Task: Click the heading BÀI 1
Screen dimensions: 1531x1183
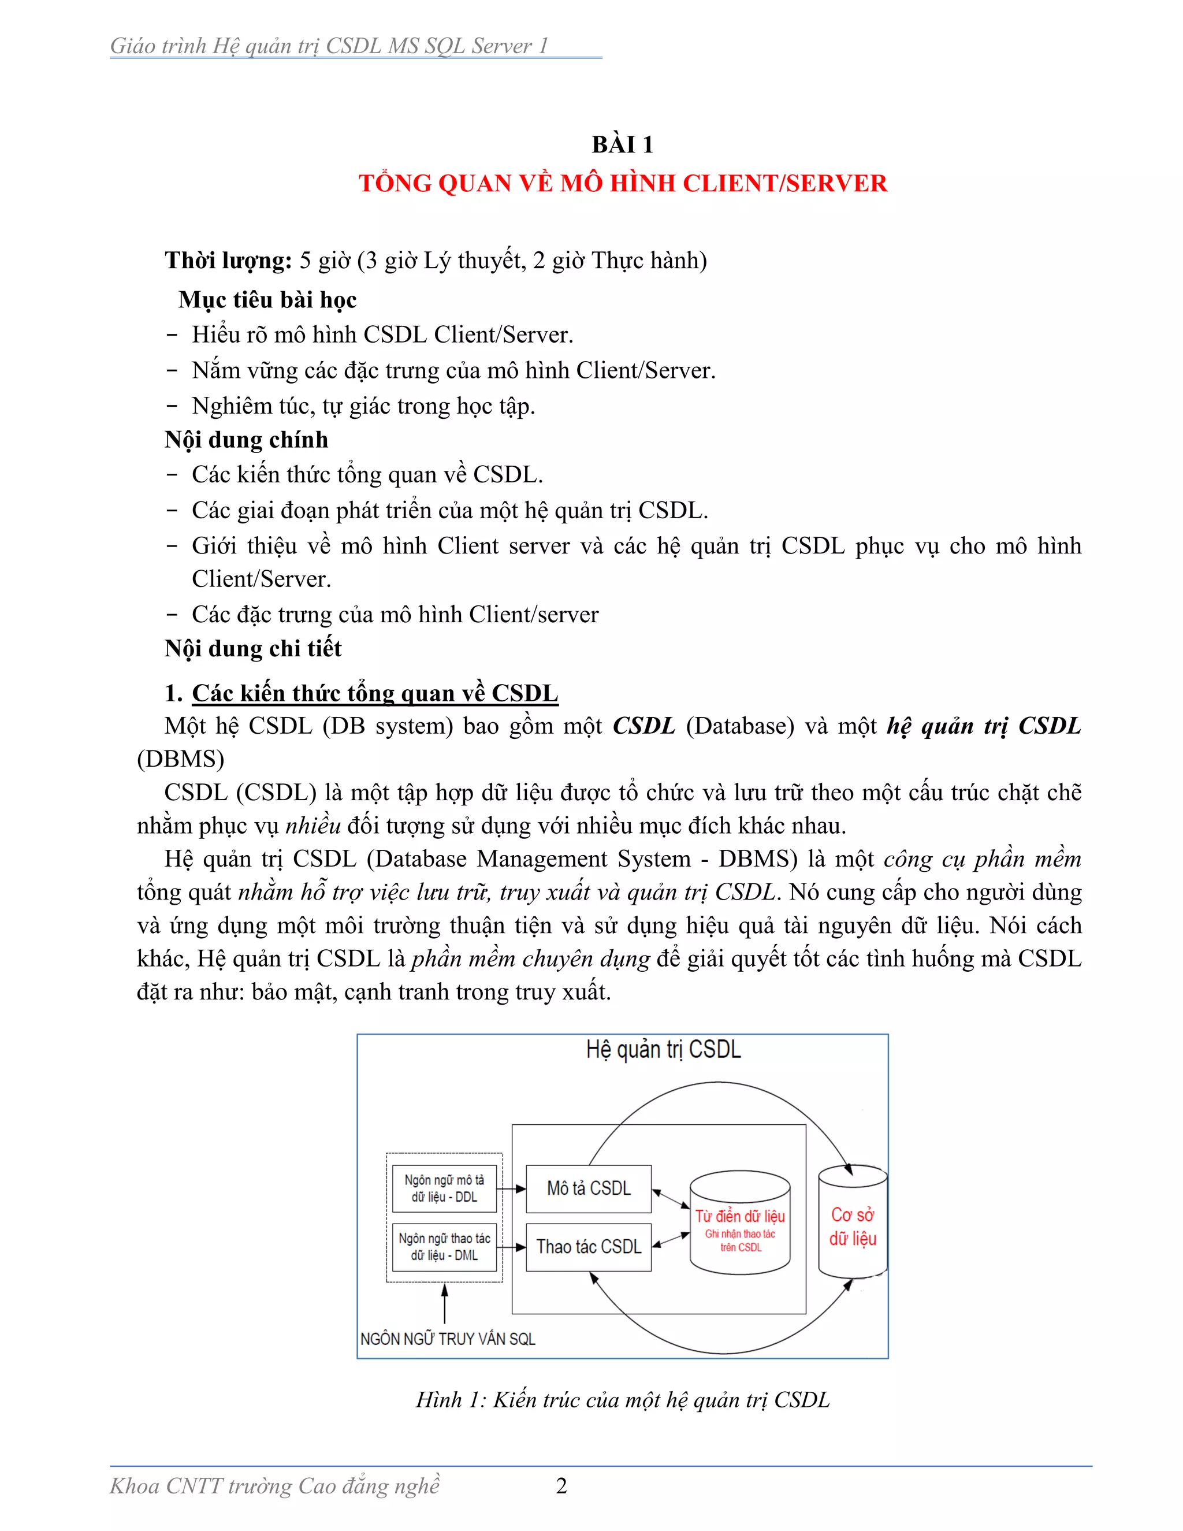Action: coord(622,145)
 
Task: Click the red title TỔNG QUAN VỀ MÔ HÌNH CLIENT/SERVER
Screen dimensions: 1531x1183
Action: coord(622,184)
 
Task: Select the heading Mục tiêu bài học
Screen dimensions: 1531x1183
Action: coord(267,300)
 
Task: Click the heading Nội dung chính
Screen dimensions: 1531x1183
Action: coord(246,440)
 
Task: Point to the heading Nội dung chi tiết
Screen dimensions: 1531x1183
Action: coord(253,648)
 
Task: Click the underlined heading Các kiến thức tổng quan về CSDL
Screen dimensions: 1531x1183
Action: coord(375,693)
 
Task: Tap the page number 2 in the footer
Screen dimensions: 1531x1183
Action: coord(561,1485)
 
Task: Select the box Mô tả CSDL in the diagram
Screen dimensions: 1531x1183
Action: coord(589,1189)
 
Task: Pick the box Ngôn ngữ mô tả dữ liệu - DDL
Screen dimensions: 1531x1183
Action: coord(444,1189)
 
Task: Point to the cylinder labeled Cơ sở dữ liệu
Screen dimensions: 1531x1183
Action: coord(852,1227)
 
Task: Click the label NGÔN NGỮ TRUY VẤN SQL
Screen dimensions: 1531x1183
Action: coord(447,1340)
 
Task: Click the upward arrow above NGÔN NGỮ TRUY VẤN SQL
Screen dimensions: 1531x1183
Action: coord(444,1304)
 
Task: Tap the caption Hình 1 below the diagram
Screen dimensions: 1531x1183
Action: coord(622,1400)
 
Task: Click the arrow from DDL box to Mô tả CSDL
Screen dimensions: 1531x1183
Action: coord(512,1189)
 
